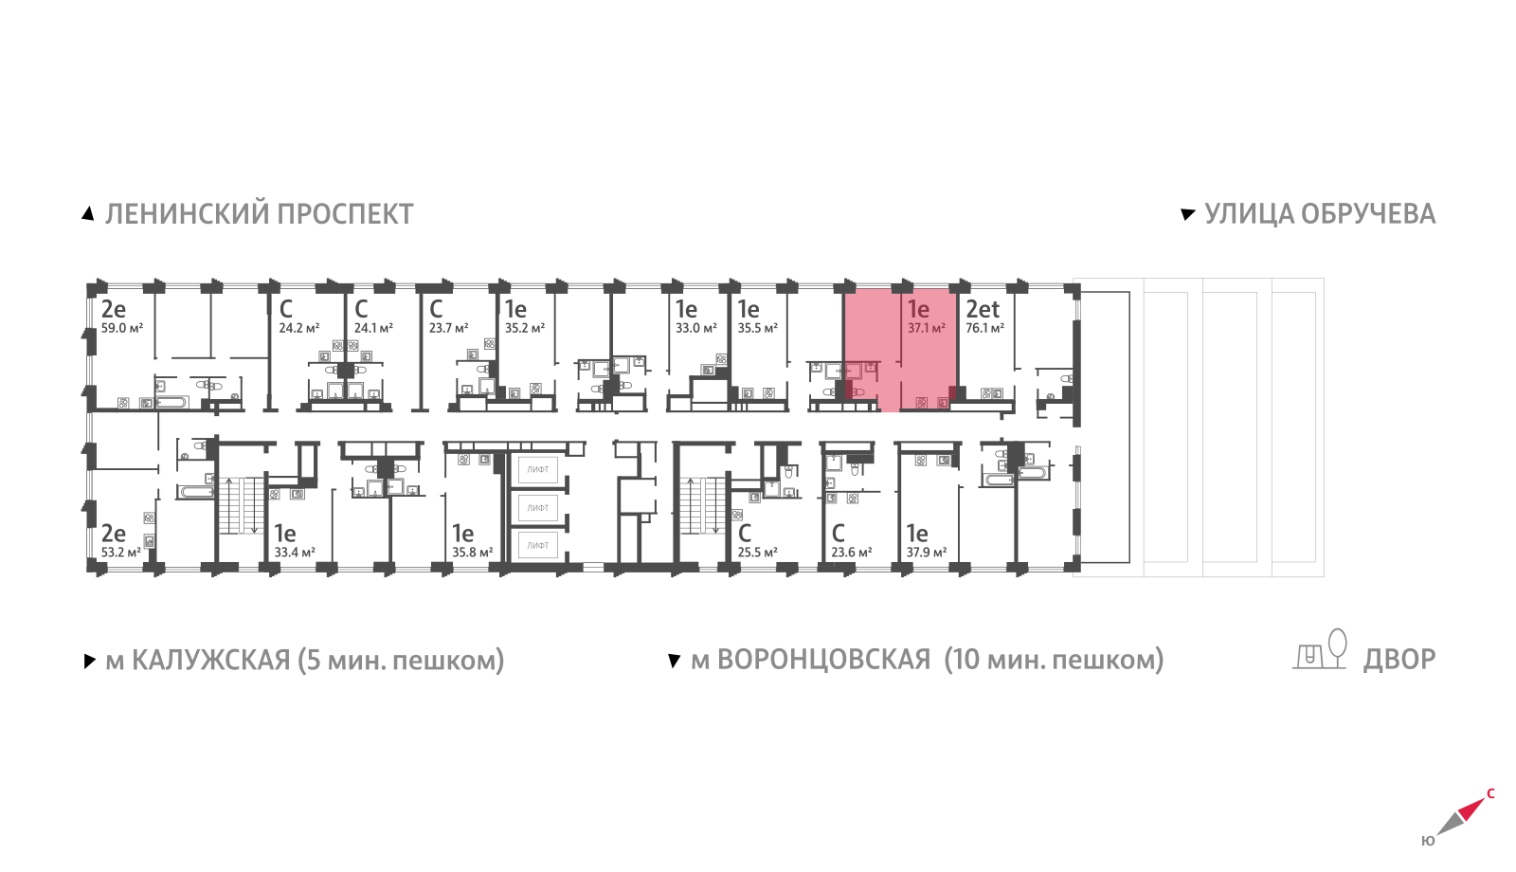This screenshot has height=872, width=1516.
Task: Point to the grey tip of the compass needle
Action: point(1436,835)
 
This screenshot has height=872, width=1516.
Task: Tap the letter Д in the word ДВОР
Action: point(1374,660)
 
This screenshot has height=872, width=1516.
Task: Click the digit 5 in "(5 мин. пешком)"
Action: point(314,660)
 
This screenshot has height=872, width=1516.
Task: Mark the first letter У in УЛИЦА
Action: point(1214,214)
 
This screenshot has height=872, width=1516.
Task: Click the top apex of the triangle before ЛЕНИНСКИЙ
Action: point(88,208)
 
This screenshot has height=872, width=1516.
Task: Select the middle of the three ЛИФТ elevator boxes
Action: point(538,507)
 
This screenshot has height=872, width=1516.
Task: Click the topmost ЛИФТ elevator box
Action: point(538,469)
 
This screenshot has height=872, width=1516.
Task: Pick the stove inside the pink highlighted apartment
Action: point(921,402)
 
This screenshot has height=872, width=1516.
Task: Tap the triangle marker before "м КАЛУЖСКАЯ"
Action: point(89,661)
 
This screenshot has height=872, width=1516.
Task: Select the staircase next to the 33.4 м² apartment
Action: point(241,506)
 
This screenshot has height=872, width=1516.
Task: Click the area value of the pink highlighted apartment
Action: point(927,328)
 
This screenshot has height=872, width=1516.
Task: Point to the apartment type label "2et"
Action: point(982,309)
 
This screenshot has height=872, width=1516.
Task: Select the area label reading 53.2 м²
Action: point(121,553)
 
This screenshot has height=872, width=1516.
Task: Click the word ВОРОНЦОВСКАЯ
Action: point(823,660)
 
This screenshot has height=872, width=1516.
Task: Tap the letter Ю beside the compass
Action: point(1428,841)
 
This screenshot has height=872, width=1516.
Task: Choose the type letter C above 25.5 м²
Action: point(745,534)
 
